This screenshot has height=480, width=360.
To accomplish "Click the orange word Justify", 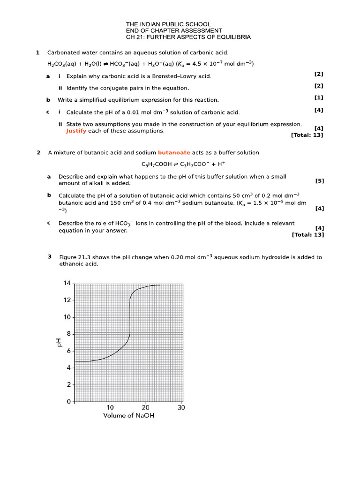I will [76, 131].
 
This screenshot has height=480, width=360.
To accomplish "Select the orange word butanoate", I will [174, 152].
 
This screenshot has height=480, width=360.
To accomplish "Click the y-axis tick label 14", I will [67, 283].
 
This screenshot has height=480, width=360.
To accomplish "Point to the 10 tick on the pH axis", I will [67, 317].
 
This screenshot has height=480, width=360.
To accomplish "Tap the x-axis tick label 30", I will [181, 408].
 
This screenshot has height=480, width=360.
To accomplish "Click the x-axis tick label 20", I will [146, 408].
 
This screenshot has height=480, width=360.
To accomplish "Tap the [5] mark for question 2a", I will [320, 180].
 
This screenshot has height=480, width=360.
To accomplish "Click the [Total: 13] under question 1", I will [307, 135].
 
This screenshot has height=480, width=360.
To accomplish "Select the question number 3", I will [50, 256].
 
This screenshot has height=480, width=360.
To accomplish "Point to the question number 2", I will [38, 152].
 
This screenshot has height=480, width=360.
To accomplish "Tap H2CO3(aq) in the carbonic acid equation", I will [62, 64].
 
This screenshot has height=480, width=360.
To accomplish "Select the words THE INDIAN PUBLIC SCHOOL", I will [168, 24].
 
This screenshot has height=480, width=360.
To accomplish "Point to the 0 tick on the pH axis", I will [69, 402].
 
